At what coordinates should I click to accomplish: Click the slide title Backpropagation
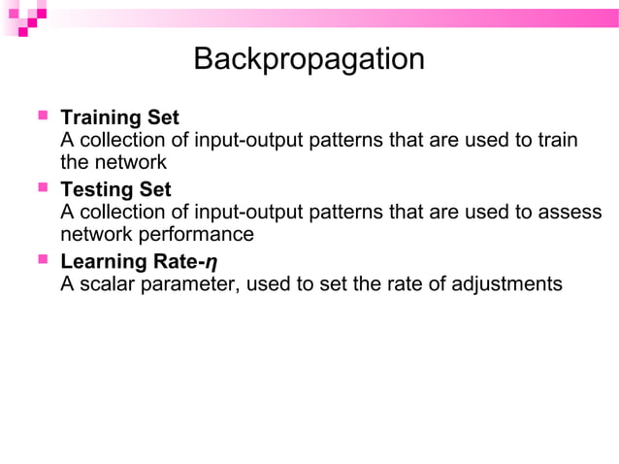[309, 60]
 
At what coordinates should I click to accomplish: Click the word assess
[573, 212]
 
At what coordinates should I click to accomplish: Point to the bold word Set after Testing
[155, 189]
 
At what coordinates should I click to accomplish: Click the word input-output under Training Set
[248, 141]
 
